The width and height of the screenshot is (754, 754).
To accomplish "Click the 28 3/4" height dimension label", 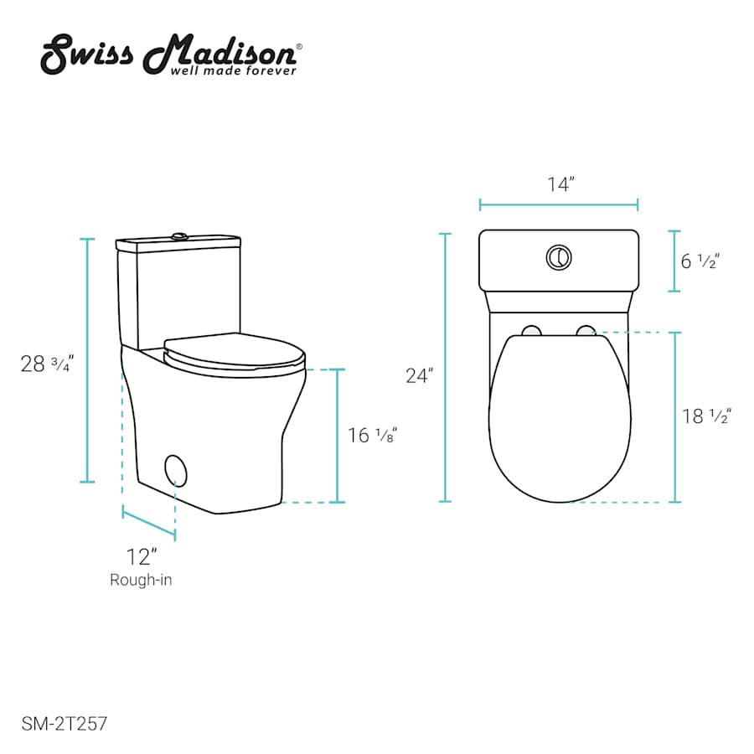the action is pos(47,364).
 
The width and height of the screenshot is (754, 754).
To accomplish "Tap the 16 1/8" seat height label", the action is pos(373,435).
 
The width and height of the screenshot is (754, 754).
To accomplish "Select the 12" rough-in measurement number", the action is pos(142,557).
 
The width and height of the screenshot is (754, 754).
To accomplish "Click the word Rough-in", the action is pos(141,580).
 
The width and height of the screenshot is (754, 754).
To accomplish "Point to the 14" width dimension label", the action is pos(561,184).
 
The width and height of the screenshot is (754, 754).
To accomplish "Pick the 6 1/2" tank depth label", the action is pos(700,261).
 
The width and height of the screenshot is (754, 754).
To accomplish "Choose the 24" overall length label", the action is pos(420,375).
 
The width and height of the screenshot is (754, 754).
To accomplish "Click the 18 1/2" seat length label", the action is pos(707,416).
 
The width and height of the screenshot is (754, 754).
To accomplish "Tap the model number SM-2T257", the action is pos(65,724).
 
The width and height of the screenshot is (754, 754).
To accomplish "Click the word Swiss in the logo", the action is pos(86,54).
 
